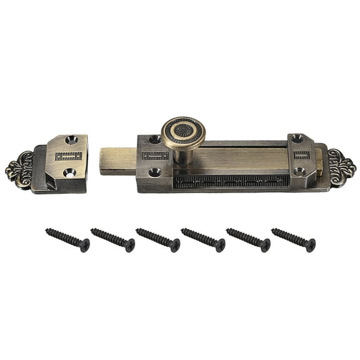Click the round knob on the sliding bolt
183,132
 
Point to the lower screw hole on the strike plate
69,172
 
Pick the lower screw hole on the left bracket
154,172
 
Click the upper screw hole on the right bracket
297,138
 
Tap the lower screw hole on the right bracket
300,171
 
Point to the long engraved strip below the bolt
231,181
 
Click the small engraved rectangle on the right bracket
301,154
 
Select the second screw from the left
112,240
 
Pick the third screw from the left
157,240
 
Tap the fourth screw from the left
203,240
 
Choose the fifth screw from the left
248,240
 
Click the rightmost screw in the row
293,240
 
